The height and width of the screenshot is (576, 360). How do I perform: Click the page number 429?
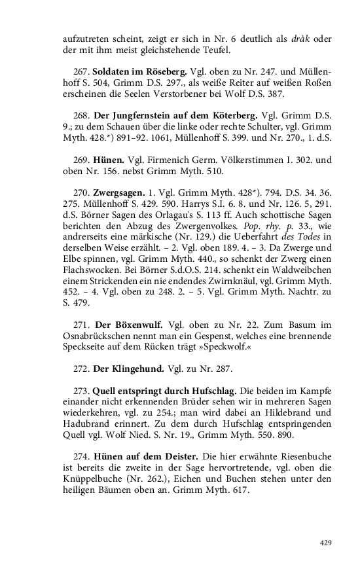coord(325,543)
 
